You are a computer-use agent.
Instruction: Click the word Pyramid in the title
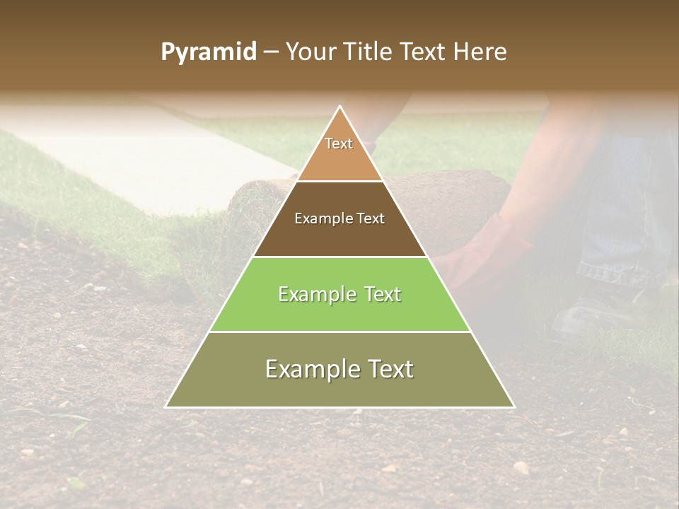pos(209,52)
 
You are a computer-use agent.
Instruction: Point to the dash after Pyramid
pos(270,53)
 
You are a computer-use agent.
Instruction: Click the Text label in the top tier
pos(339,144)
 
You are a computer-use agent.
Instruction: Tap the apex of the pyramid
pos(340,107)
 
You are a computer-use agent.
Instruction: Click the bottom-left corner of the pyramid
pos(167,406)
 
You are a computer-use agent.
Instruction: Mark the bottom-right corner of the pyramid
pos(513,406)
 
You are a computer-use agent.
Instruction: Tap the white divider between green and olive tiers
pos(340,332)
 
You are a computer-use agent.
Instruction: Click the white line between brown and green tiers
pos(340,257)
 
